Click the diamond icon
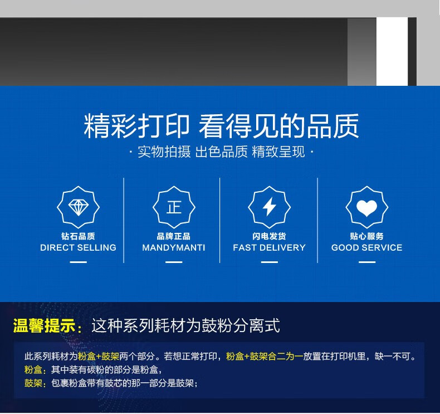coord(79,207)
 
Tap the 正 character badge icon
coord(174,207)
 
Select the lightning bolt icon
coord(270,207)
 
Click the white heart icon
coord(367,208)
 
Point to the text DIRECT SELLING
coord(79,247)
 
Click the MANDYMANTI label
coord(174,247)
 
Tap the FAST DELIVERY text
coord(269,247)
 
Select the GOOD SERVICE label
coord(367,247)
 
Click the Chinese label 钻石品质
coord(79,236)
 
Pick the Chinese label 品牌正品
coord(174,236)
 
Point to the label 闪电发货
coord(269,236)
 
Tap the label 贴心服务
coord(367,236)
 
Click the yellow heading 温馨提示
coord(45,326)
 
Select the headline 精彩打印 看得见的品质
coord(221,126)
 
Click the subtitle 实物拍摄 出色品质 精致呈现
coord(221,152)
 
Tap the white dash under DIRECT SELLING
coord(79,262)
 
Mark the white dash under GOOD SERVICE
coord(367,262)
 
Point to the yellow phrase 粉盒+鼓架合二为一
coord(265,357)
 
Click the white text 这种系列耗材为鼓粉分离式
coord(185,325)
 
